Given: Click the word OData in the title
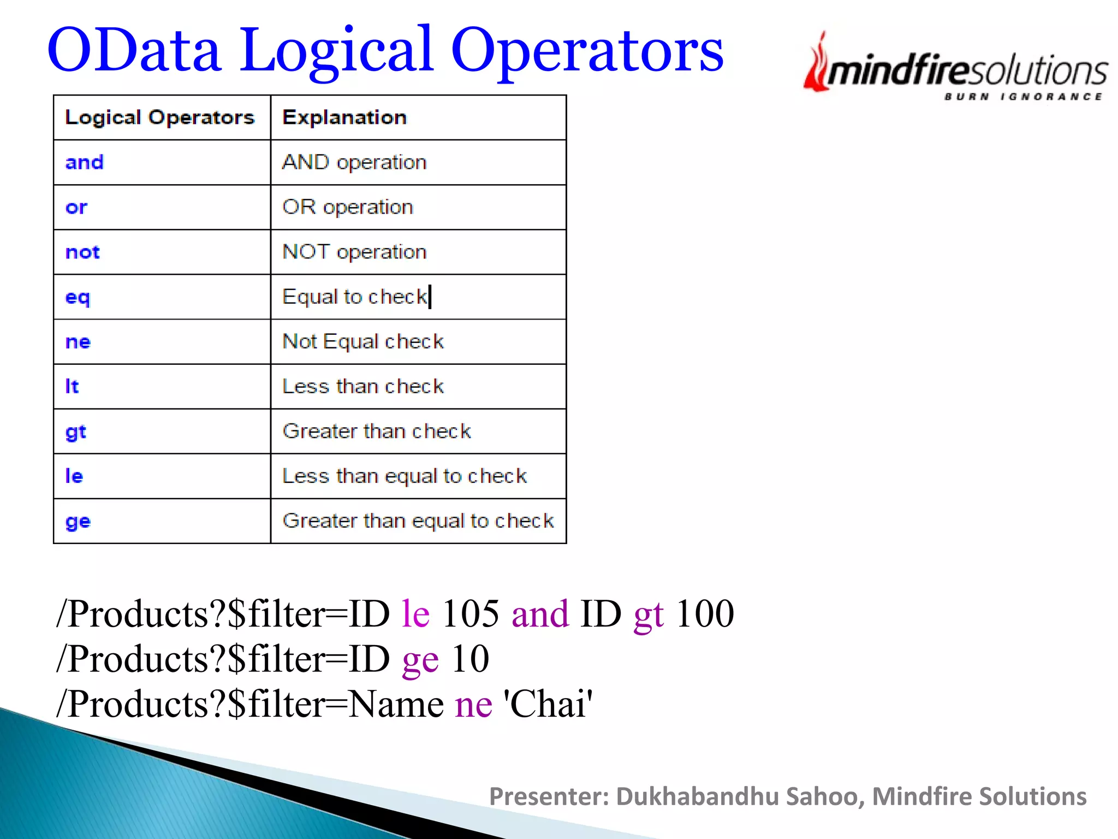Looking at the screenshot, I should coord(134,50).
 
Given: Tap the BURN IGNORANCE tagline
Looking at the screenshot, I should coord(1023,97).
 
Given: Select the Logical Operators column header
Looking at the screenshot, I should coord(159,117).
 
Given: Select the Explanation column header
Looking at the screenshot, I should coord(344,117).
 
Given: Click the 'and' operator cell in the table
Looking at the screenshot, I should coord(85,162).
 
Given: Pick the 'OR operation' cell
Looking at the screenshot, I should coord(348,207).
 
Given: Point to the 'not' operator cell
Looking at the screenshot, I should coord(82,252).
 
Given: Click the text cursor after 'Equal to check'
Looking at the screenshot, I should coord(430,297).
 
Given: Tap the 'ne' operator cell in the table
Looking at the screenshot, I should coord(78,341).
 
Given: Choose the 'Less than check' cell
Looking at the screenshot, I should coord(363,386).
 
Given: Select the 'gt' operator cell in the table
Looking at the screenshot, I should coord(76,432).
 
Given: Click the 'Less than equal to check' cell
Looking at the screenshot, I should coord(405,476).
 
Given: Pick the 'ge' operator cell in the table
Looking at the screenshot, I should coord(78,521).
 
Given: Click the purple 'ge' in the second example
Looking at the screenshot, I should coord(420,659).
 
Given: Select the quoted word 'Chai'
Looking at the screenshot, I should coord(548,704).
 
